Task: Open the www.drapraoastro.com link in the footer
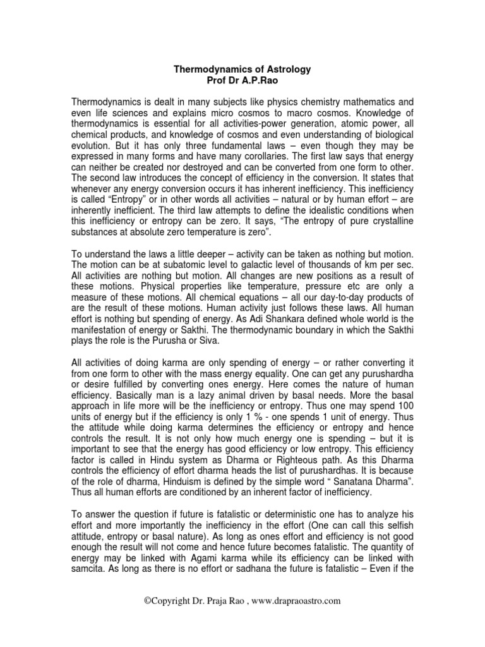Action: (292, 619)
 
